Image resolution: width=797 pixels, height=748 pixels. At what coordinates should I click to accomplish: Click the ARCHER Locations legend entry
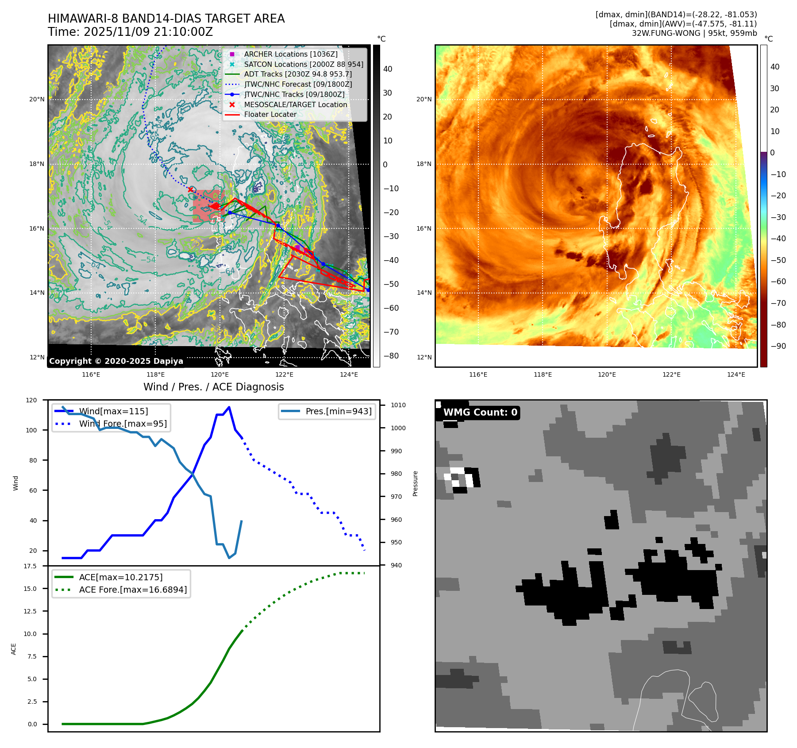click(290, 54)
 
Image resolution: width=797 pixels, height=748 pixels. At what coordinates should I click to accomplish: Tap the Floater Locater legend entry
click(270, 114)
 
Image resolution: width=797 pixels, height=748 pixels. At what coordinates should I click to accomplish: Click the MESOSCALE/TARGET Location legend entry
click(295, 104)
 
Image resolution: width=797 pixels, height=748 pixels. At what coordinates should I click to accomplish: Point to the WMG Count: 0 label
click(480, 413)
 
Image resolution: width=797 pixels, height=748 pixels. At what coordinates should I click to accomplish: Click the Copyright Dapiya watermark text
click(116, 361)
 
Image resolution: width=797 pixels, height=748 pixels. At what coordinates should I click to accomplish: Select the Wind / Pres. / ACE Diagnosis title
click(213, 387)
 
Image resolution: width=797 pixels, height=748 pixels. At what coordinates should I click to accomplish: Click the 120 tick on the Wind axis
click(31, 400)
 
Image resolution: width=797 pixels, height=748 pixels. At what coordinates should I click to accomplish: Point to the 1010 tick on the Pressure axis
click(398, 405)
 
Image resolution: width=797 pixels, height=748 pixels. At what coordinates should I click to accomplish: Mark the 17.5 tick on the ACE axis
click(30, 566)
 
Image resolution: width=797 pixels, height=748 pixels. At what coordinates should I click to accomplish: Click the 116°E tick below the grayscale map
click(91, 374)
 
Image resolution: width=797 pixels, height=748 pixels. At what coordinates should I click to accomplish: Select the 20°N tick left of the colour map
click(424, 99)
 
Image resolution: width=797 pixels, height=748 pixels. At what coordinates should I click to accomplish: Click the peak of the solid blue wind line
click(229, 407)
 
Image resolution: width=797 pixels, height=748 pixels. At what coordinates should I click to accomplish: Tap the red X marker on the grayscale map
click(190, 189)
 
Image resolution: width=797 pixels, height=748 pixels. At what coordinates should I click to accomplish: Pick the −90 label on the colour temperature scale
click(778, 346)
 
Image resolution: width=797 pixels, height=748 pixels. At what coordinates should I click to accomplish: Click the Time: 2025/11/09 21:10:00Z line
click(131, 32)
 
